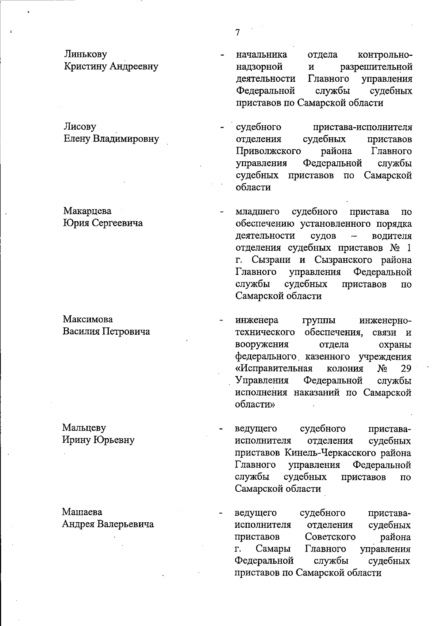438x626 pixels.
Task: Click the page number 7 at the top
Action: tap(238, 33)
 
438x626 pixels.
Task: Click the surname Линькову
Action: tap(86, 54)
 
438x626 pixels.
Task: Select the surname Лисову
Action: tap(80, 127)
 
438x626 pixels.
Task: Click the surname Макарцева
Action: tap(88, 211)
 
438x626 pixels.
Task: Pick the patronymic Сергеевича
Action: tap(117, 223)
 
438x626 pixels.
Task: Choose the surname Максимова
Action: tap(88, 319)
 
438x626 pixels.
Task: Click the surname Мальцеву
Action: tap(84, 427)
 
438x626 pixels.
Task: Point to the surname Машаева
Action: tap(82, 512)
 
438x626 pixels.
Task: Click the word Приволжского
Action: tap(268, 151)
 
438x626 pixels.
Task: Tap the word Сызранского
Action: tap(343, 260)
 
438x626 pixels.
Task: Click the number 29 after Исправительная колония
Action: tap(406, 369)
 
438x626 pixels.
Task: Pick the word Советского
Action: tap(330, 537)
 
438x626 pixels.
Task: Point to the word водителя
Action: tap(392, 236)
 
